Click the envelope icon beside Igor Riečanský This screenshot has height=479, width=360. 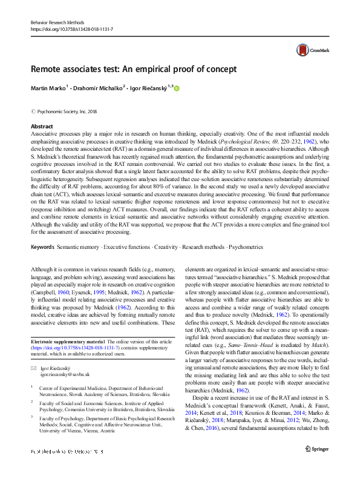34,368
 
